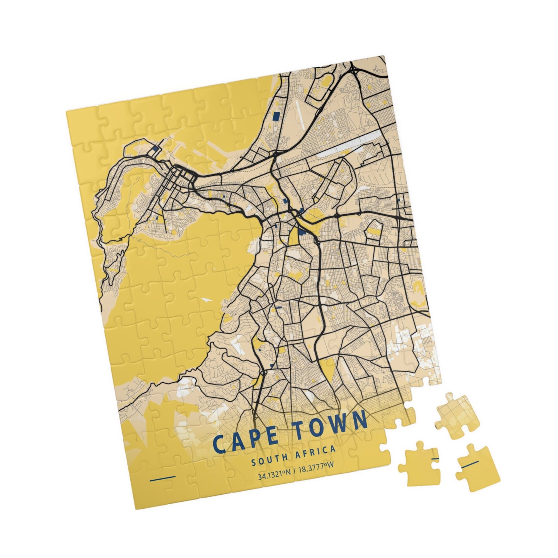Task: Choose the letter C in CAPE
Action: (x=220, y=444)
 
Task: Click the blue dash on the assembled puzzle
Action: (x=162, y=478)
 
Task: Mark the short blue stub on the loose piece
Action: (x=435, y=458)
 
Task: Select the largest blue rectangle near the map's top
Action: (x=276, y=117)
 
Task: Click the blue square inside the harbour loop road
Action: (x=155, y=148)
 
